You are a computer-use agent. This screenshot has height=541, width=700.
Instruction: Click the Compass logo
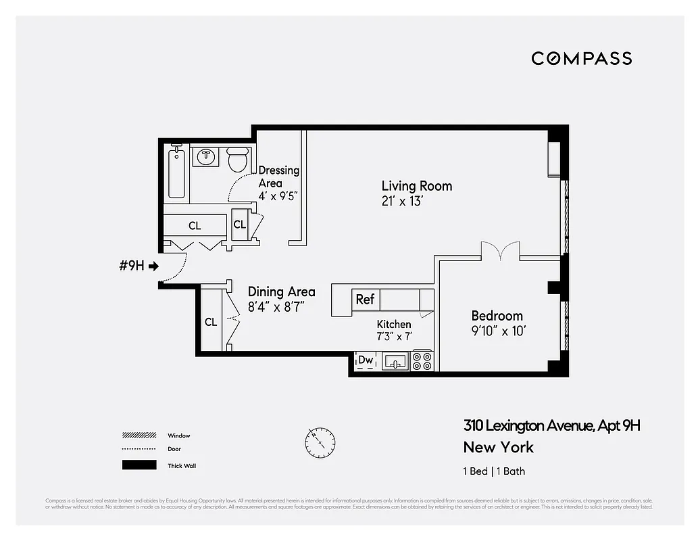tap(581, 58)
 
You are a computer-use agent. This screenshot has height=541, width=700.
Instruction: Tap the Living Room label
tap(416, 186)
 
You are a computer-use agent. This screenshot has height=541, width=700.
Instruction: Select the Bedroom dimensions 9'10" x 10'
tap(498, 331)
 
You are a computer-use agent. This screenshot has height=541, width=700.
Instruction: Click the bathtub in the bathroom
tap(176, 174)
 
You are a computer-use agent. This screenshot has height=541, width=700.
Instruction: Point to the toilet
tap(237, 160)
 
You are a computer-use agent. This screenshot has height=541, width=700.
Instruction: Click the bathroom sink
tap(205, 157)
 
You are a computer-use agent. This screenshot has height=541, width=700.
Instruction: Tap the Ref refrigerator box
tap(365, 300)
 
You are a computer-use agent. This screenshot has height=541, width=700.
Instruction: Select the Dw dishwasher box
tap(366, 360)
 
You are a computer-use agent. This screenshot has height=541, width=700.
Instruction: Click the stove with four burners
tap(422, 360)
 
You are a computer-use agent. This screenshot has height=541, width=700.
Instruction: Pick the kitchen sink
tap(395, 361)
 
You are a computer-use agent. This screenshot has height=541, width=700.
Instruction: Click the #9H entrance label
tap(131, 266)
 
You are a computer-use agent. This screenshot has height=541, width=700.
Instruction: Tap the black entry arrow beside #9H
tap(153, 266)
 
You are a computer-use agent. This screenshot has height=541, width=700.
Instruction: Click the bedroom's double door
tap(499, 252)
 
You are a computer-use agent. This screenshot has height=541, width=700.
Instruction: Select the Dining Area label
tap(281, 291)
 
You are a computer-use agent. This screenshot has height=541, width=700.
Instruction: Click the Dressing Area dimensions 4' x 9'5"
tap(278, 196)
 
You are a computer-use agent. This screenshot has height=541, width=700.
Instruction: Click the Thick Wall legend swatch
tap(139, 465)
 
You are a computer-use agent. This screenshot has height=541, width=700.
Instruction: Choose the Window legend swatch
tap(139, 436)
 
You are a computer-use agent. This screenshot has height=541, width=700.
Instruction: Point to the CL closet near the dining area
tap(211, 322)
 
